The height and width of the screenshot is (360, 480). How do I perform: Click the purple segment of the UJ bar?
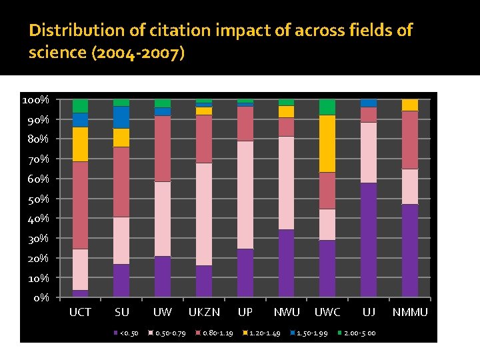click(x=369, y=239)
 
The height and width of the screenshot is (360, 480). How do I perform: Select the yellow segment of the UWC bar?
click(x=327, y=143)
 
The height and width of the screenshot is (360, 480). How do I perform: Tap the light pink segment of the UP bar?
click(x=245, y=195)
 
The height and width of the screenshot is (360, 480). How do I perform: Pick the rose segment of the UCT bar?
click(x=81, y=205)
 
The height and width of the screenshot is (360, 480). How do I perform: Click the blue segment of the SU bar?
click(x=121, y=117)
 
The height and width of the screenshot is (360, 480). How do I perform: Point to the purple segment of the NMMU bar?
click(x=410, y=250)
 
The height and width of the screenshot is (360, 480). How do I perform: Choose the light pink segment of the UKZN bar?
click(x=204, y=214)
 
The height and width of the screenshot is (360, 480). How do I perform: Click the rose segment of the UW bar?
click(x=163, y=149)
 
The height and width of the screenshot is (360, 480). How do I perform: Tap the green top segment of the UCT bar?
click(x=81, y=106)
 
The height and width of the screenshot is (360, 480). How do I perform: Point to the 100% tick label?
click(x=35, y=100)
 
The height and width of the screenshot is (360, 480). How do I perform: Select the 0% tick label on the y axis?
click(x=41, y=297)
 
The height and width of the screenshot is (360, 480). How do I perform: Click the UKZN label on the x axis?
click(x=204, y=312)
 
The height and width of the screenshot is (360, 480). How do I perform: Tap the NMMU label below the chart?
click(x=410, y=312)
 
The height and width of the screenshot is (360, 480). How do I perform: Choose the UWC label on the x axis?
click(x=327, y=312)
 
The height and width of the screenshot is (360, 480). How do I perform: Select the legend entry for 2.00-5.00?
click(x=359, y=333)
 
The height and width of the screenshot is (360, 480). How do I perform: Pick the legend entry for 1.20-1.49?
click(x=264, y=333)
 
